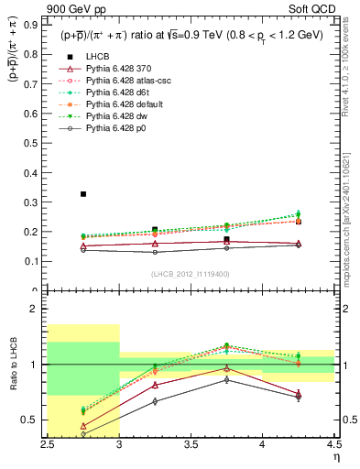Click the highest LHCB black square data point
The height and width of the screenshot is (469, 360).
click(x=83, y=194)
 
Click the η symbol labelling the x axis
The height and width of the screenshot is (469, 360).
click(x=334, y=458)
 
